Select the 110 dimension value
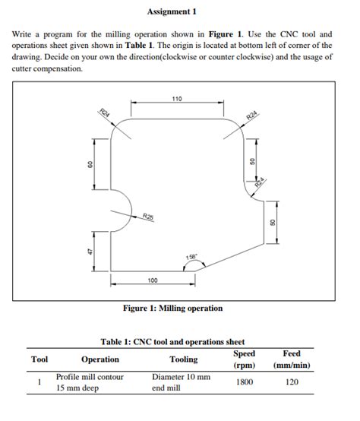pos(177,100)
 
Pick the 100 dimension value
pos(153,281)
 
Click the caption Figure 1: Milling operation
pos(173,308)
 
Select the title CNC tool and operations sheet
pos(172,341)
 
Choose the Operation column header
pos(100,359)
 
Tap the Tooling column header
pos(184,359)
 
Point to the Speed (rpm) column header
pos(244,359)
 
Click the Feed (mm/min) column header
pos(292,359)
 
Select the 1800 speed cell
pos(244,382)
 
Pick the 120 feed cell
pos(292,382)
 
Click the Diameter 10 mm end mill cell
pos(181,382)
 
